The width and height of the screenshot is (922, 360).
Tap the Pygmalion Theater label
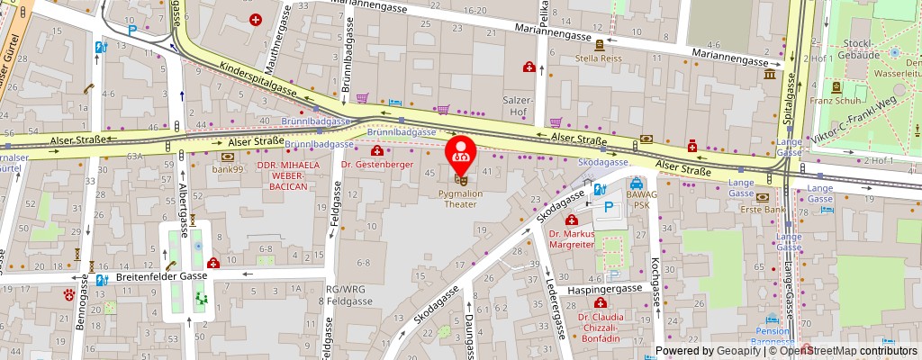(x=461, y=198)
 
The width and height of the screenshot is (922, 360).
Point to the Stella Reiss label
(x=600, y=58)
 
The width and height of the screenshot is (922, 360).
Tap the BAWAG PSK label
(x=637, y=200)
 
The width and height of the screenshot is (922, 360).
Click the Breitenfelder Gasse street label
(x=162, y=277)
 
